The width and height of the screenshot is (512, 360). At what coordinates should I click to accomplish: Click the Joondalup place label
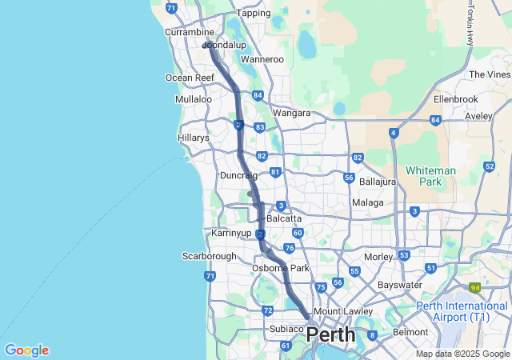225,46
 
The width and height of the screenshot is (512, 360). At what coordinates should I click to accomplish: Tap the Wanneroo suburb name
262,59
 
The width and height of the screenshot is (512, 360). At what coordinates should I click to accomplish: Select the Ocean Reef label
190,78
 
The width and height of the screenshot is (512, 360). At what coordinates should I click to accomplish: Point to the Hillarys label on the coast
193,138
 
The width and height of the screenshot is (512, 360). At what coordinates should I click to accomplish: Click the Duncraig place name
238,175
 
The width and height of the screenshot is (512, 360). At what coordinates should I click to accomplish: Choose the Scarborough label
210,256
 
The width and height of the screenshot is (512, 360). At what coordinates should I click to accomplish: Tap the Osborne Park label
280,268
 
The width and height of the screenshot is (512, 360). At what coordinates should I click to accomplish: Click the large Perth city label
331,334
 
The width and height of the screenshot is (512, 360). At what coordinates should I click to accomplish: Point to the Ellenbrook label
455,99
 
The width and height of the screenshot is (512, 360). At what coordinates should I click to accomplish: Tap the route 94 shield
475,287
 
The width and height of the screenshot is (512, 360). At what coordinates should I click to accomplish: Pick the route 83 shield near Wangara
259,127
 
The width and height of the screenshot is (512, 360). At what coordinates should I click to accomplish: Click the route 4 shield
394,133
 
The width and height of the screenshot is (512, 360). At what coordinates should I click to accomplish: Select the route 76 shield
289,249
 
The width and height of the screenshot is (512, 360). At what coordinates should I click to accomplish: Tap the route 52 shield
489,166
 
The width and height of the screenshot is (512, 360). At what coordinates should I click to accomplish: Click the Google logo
26,350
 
